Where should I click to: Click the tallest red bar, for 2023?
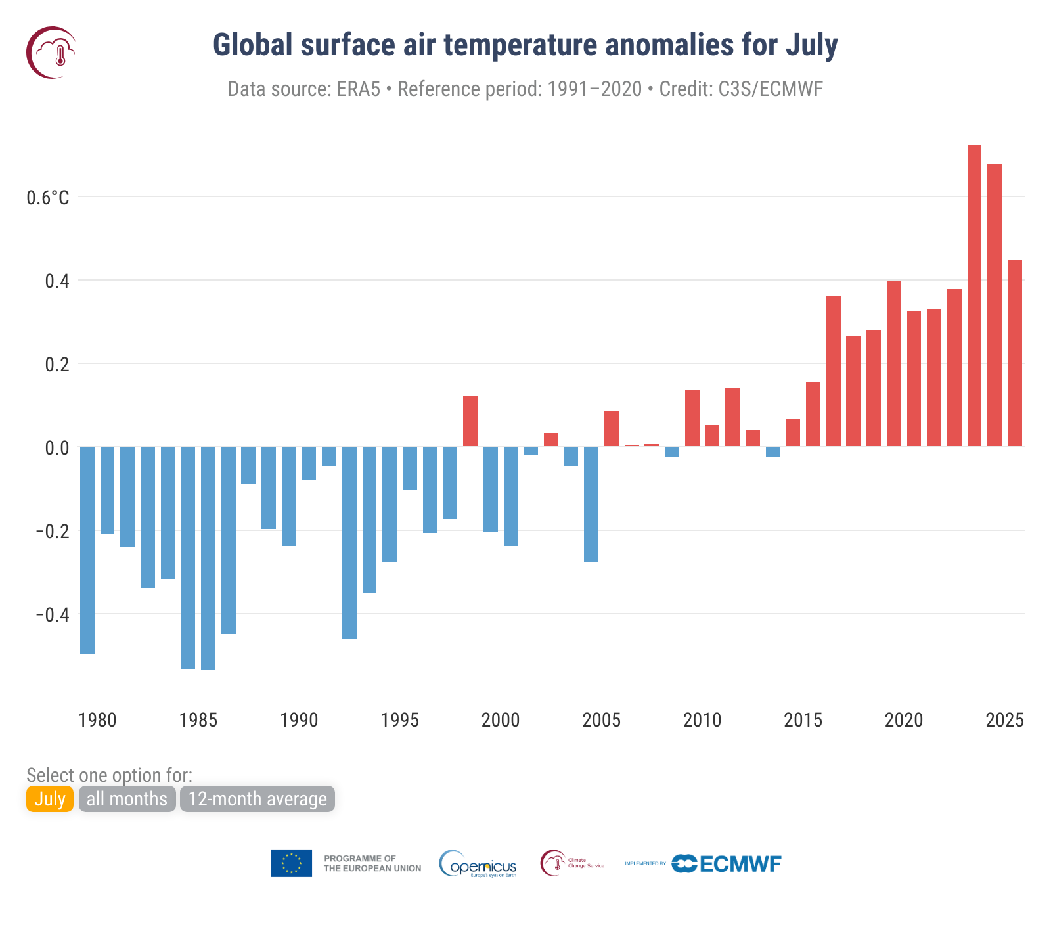(974, 296)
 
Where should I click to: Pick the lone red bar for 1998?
(470, 421)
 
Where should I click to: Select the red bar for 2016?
(834, 371)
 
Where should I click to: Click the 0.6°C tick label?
(48, 198)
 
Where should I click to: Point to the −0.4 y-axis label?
(52, 615)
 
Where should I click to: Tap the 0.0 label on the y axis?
(56, 448)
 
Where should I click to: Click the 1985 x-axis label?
(198, 720)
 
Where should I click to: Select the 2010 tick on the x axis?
(702, 720)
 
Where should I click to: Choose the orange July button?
(50, 799)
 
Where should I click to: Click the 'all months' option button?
(127, 799)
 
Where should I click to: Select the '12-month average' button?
(257, 799)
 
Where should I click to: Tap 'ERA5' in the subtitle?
(359, 89)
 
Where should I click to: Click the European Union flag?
(291, 863)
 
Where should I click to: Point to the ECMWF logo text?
(740, 864)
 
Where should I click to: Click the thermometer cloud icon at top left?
(52, 53)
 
